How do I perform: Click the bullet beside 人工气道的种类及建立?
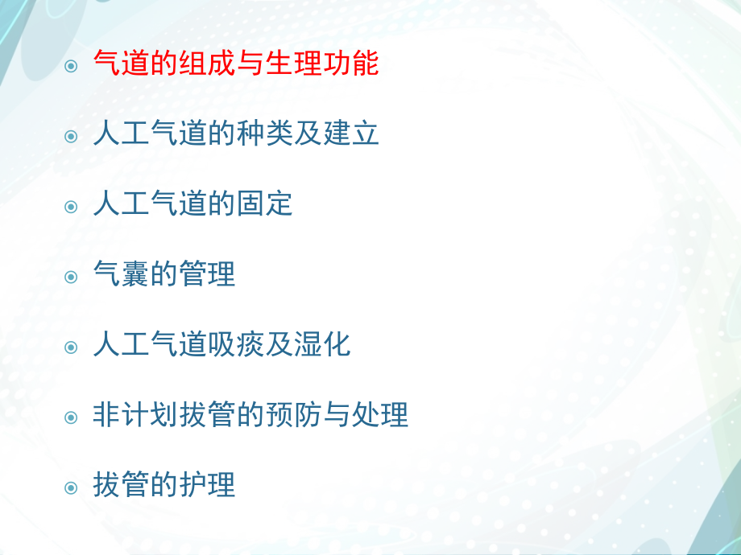pos(72,136)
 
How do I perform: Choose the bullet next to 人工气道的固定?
pos(72,206)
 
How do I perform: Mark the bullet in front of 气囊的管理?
pos(72,276)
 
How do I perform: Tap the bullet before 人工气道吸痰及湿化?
pos(72,347)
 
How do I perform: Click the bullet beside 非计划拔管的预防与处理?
pos(72,417)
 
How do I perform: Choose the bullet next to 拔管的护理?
pos(72,487)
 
